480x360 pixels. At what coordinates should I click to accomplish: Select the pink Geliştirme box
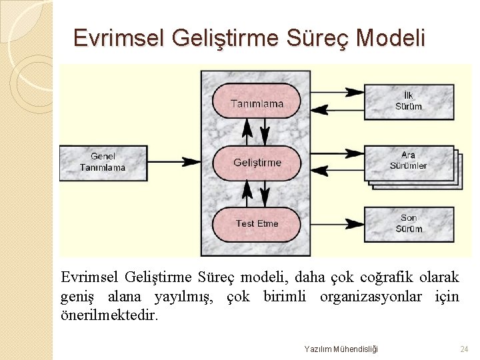tap(257, 163)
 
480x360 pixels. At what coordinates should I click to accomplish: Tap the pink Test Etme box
tap(257, 223)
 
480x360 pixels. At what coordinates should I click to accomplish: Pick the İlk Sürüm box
tap(408, 101)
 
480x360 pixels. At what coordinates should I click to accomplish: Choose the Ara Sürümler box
tap(408, 161)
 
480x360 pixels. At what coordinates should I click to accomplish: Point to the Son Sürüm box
tap(408, 223)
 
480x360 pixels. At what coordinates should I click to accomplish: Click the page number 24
tap(464, 349)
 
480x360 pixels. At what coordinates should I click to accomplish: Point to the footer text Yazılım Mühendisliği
tap(341, 349)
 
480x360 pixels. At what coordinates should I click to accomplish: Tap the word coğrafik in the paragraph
tap(383, 277)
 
